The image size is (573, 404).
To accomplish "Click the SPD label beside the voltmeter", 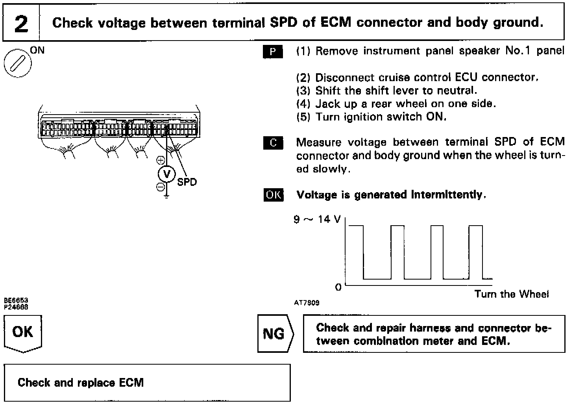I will (x=187, y=182).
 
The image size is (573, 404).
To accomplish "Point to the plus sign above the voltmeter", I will (x=161, y=160).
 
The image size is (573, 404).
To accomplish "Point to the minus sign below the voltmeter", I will (x=161, y=187).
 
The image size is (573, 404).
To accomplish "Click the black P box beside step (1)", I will (x=273, y=52).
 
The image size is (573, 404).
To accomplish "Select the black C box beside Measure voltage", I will (x=273, y=143).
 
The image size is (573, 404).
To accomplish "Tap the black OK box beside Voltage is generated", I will (x=273, y=195).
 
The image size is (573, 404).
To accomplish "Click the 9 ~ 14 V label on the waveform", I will (x=317, y=219).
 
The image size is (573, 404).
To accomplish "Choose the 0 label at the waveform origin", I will (x=338, y=287).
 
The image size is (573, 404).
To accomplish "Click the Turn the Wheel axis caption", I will (x=511, y=294).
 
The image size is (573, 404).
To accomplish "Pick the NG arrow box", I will (x=275, y=334).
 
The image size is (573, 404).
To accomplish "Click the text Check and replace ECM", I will (x=81, y=382).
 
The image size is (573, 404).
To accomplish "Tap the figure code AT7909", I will (x=307, y=303).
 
